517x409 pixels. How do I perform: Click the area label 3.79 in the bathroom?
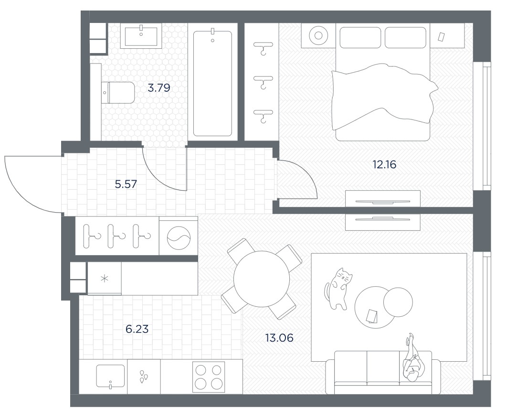159,88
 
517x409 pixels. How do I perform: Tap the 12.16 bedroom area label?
384,164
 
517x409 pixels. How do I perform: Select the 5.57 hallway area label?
126,184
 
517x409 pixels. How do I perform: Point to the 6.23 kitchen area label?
137,329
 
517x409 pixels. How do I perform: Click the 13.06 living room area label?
279,338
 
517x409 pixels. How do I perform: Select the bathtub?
212,83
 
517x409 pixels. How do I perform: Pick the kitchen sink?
110,376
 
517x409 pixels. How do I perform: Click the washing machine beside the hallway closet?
179,237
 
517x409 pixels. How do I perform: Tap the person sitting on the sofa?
412,359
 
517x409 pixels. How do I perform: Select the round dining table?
262,279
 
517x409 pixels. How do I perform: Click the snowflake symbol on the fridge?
104,278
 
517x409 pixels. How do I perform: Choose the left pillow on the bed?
360,37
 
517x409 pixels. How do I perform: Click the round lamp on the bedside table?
318,35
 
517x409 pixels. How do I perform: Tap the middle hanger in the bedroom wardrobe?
263,81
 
